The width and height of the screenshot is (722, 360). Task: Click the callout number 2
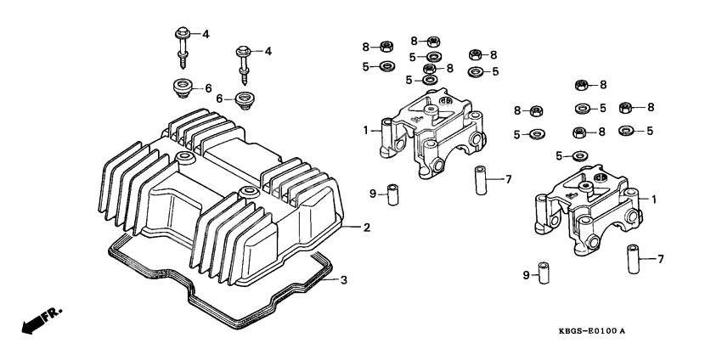point(367,228)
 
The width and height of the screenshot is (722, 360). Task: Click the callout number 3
point(343,279)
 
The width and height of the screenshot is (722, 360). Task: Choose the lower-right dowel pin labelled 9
point(544,274)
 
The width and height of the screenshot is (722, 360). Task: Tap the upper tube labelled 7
point(481,180)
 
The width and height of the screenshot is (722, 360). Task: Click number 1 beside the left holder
point(366,130)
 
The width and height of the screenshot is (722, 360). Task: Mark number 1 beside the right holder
point(654,198)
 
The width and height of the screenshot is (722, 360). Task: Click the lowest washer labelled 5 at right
point(579,156)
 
